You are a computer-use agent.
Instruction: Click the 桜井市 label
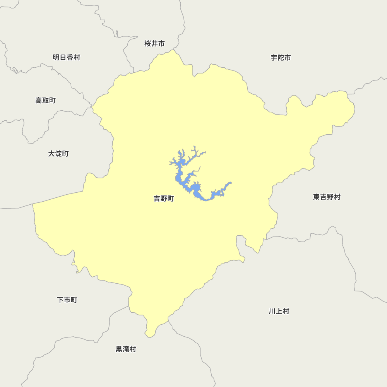pyautogui.click(x=155, y=44)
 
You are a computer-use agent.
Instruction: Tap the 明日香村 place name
pyautogui.click(x=67, y=58)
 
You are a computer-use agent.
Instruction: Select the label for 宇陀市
pyautogui.click(x=281, y=58)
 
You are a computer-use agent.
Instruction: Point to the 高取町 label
pyautogui.click(x=46, y=101)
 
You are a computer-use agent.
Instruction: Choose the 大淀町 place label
pyautogui.click(x=58, y=154)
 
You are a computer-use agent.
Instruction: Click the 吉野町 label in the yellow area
pyautogui.click(x=164, y=199)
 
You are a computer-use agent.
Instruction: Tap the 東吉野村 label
pyautogui.click(x=327, y=197)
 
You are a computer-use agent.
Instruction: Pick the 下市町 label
pyautogui.click(x=67, y=300)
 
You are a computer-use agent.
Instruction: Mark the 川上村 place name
pyautogui.click(x=279, y=311)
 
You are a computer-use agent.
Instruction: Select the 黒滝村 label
pyautogui.click(x=126, y=349)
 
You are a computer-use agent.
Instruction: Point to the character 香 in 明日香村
pyautogui.click(x=70, y=58)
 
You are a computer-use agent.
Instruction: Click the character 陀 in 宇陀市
pyautogui.click(x=281, y=58)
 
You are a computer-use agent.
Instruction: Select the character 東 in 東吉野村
pyautogui.click(x=317, y=197)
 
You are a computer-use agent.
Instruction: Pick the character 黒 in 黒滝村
pyautogui.click(x=119, y=349)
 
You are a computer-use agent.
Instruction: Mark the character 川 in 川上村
pyautogui.click(x=272, y=311)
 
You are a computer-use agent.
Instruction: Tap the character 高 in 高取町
pyautogui.click(x=39, y=101)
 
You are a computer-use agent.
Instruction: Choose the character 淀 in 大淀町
pyautogui.click(x=58, y=154)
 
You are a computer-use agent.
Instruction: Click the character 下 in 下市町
pyautogui.click(x=60, y=300)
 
